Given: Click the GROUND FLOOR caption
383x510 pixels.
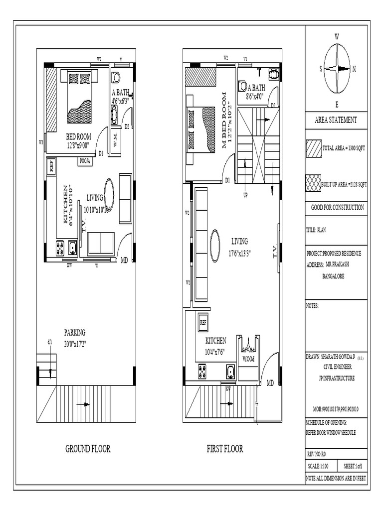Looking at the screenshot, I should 88,449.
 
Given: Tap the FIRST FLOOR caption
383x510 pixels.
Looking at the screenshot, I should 225,449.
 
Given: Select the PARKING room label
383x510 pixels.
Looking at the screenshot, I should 74,332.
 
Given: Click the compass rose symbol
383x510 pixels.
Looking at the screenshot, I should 337,69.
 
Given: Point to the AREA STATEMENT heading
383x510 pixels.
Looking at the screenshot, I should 336,120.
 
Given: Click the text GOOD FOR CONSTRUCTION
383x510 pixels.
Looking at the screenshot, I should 336,208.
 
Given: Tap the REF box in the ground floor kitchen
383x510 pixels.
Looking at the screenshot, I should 51,166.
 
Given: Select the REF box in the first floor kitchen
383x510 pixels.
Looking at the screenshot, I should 203,322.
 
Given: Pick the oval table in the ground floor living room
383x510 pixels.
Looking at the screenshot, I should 109,194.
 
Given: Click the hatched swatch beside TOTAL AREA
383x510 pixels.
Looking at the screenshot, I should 314,148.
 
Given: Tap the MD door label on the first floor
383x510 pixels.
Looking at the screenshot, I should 270,383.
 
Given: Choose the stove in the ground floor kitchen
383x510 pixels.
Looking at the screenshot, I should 60,247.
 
